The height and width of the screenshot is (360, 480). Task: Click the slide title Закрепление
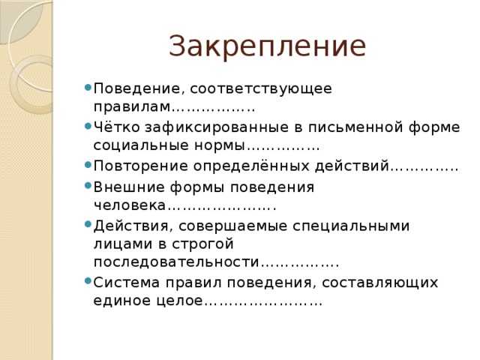click(x=267, y=47)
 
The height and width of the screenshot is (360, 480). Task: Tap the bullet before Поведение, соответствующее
click(x=88, y=87)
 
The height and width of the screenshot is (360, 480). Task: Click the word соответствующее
click(x=261, y=89)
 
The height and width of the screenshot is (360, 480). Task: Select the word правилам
click(x=132, y=107)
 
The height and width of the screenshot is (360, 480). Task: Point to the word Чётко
click(x=116, y=127)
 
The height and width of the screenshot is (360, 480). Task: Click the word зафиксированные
click(x=217, y=128)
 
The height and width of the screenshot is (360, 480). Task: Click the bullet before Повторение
click(x=88, y=165)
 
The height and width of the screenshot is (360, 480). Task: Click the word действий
click(x=352, y=166)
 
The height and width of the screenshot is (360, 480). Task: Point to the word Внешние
click(x=129, y=187)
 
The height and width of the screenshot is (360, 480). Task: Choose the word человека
click(x=130, y=205)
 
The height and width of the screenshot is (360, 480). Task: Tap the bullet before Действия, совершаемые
click(x=88, y=224)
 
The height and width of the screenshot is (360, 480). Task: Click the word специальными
click(x=351, y=226)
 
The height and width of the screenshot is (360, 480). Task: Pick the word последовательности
click(x=176, y=262)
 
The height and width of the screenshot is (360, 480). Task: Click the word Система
click(x=127, y=283)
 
